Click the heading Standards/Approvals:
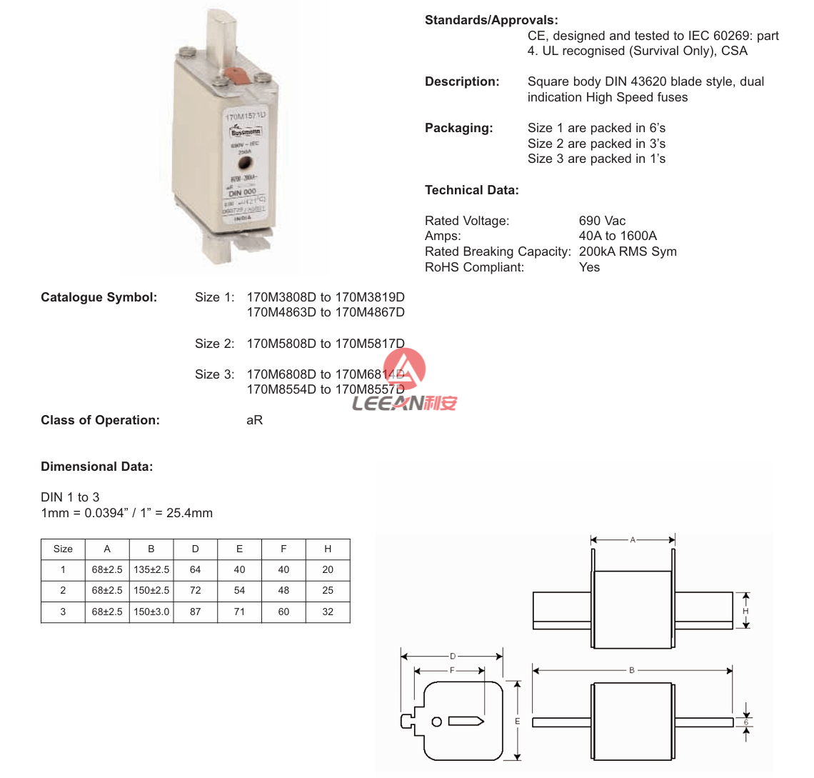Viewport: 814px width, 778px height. click(x=491, y=20)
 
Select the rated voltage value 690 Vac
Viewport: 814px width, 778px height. click(x=602, y=221)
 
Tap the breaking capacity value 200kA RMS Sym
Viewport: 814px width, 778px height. click(x=628, y=251)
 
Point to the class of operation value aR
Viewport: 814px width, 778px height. click(x=254, y=420)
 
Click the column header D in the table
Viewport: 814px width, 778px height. click(x=195, y=549)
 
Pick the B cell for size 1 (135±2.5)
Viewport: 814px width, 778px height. click(x=151, y=569)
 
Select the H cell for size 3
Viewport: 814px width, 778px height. click(x=328, y=612)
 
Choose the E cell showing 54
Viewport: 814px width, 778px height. click(x=239, y=590)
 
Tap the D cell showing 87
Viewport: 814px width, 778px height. click(x=195, y=612)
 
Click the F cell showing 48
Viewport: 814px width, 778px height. click(x=283, y=590)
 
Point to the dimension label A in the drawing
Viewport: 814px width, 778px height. click(x=633, y=540)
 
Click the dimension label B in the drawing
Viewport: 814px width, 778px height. click(x=632, y=670)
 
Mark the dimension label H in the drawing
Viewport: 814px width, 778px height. click(x=745, y=612)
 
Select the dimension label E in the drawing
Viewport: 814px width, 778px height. click(x=518, y=722)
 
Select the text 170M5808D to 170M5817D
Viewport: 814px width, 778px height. click(x=326, y=344)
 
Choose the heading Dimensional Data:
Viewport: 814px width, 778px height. click(x=97, y=467)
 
